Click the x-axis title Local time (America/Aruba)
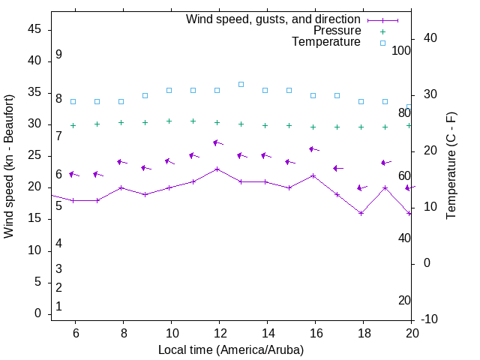tap(231, 349)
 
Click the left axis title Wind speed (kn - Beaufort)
tap(9, 166)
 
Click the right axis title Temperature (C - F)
tap(451, 166)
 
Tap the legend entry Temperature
tap(326, 42)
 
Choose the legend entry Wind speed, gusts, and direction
tap(274, 19)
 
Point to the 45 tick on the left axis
tap(34, 29)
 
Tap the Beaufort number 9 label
tap(58, 55)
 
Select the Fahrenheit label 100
tap(401, 50)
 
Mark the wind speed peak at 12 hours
tap(217, 169)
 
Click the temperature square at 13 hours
tap(241, 84)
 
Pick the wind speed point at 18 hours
tap(361, 213)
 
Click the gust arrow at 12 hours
tap(217, 142)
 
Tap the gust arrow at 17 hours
tap(337, 168)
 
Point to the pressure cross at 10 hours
tap(169, 121)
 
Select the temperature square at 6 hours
tap(73, 101)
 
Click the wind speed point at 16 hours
tap(313, 175)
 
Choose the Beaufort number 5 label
tap(58, 205)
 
